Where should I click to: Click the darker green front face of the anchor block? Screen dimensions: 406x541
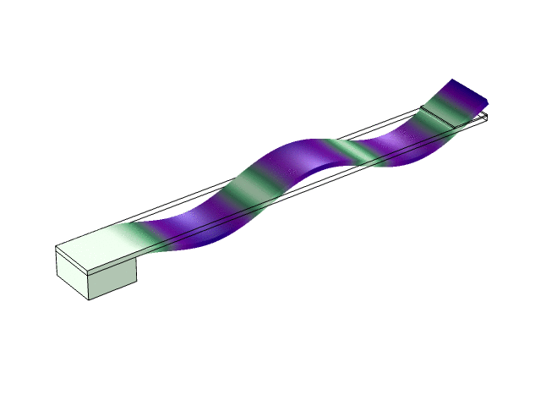(113, 278)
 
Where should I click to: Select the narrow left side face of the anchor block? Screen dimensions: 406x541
(72, 272)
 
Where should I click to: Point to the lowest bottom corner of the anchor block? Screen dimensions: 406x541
(90, 299)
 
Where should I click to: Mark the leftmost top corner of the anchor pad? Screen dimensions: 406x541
(56, 246)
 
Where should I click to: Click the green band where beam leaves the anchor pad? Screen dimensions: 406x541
(131, 237)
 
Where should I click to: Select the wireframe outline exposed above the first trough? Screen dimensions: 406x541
(211, 196)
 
